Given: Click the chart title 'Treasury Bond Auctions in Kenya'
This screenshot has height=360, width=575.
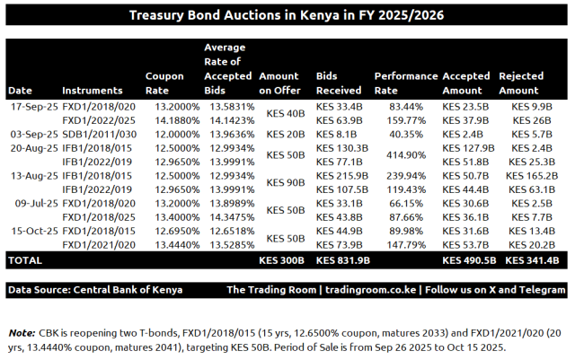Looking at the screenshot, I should click(x=287, y=15).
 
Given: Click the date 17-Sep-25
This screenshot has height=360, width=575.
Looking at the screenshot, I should click(x=31, y=106).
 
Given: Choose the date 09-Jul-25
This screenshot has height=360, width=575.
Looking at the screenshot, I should click(x=31, y=203).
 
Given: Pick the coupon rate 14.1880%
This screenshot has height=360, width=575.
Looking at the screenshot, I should click(x=170, y=119).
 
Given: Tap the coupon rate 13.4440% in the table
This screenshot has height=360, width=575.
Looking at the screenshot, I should click(x=170, y=244).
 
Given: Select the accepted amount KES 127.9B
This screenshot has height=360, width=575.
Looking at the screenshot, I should click(x=469, y=147).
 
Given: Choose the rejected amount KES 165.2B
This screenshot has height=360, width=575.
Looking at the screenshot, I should click(x=533, y=175).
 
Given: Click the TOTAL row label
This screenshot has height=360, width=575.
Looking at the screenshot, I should click(x=25, y=260).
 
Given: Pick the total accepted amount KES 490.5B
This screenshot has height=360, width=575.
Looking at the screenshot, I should click(x=469, y=260).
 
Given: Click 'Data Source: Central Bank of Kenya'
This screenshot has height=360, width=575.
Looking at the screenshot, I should click(x=95, y=290).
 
